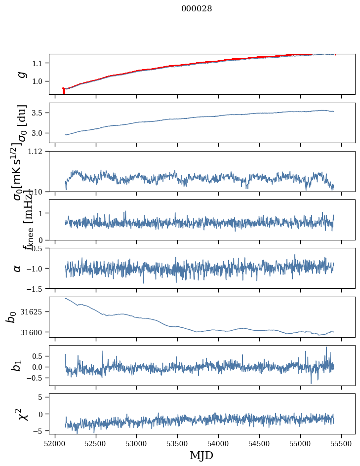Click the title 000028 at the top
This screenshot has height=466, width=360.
pyautogui.click(x=197, y=8)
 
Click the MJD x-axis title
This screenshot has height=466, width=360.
pyautogui.click(x=201, y=455)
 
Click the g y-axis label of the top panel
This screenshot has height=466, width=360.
pyautogui.click(x=21, y=74)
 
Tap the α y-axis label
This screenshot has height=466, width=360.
pyautogui.click(x=17, y=268)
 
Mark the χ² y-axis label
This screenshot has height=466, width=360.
pyautogui.click(x=22, y=414)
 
